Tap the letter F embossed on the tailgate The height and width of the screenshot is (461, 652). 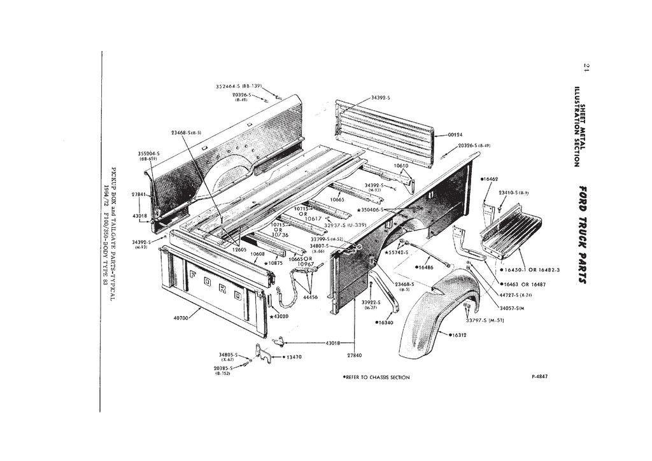pos(194,275)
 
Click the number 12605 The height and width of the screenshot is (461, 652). pos(239,250)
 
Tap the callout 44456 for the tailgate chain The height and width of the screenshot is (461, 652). pos(311,297)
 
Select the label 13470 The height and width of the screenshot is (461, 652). pos(294,357)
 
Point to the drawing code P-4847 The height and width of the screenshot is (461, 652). pos(539,376)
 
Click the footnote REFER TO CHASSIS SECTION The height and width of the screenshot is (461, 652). pos(376,377)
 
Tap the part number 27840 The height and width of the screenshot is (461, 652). pos(355,355)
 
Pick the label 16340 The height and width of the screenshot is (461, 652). pos(386,322)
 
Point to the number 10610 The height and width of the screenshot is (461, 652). pos(401,165)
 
